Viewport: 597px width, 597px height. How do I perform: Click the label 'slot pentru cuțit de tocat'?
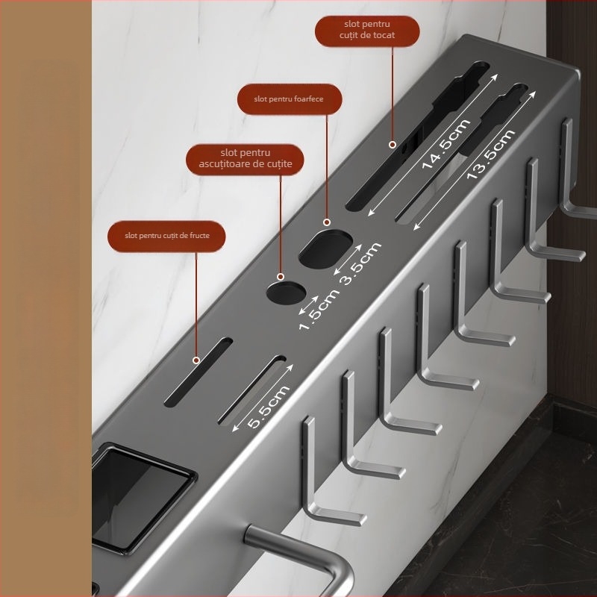click(x=367, y=30)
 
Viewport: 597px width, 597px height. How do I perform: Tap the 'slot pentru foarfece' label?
click(x=289, y=99)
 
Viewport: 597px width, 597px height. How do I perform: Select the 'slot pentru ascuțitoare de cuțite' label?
click(x=246, y=158)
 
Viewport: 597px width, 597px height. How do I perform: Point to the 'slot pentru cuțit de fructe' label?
click(x=167, y=236)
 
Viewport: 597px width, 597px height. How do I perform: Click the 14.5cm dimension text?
click(x=446, y=144)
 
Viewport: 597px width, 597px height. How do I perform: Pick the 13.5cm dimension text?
click(x=490, y=154)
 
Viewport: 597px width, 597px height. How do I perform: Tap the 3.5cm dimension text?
click(x=361, y=263)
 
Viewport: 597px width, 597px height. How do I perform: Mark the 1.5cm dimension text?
click(x=319, y=310)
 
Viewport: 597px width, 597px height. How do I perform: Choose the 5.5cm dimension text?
click(x=268, y=407)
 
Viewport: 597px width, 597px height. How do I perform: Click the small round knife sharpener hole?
click(x=286, y=293)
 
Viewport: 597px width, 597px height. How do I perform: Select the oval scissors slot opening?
click(x=325, y=249)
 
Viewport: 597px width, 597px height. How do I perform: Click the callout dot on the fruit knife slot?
click(x=196, y=360)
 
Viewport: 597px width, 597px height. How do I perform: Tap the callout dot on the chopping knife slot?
click(x=393, y=145)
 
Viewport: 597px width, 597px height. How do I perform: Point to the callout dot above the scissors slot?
click(x=327, y=222)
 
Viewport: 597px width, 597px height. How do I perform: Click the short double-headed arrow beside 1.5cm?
click(x=309, y=305)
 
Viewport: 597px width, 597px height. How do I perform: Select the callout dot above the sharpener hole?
click(x=281, y=276)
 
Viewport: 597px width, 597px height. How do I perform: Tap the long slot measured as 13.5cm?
click(x=462, y=152)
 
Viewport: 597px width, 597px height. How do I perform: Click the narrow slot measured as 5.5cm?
click(x=251, y=390)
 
